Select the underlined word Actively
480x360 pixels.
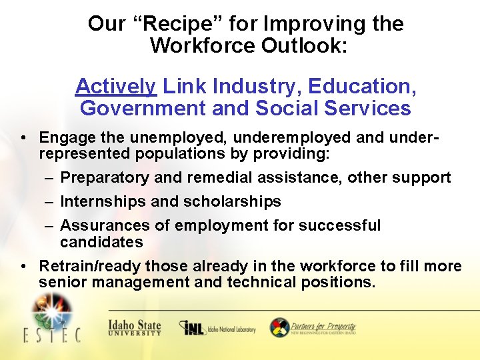116,87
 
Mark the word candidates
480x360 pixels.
101,242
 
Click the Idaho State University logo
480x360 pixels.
135,327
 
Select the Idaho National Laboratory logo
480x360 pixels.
217,328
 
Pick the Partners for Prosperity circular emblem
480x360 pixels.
279,327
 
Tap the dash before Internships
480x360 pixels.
51,202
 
